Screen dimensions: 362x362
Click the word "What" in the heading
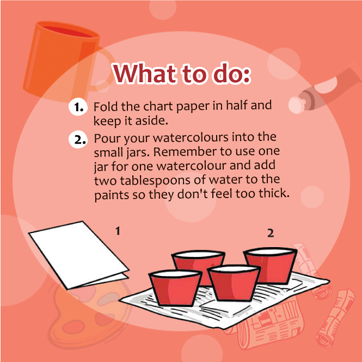(144, 73)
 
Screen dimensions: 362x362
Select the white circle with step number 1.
(78, 107)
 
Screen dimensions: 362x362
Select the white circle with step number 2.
(78, 139)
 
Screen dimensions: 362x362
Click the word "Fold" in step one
(106, 107)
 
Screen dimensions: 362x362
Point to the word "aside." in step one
(151, 121)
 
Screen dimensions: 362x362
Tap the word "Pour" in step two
(107, 138)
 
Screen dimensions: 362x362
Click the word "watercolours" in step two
(191, 138)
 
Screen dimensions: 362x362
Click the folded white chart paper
(78, 255)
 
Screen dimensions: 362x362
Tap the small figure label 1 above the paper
(118, 231)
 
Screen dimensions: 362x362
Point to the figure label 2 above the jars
(271, 233)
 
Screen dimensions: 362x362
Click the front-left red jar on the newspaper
(175, 288)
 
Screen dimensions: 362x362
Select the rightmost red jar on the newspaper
(271, 266)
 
